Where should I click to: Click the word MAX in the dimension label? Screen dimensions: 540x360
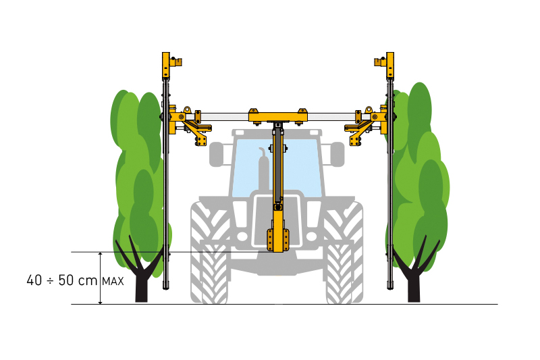113,281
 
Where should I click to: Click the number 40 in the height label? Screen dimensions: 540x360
34,280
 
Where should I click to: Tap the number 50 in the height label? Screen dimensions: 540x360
65,280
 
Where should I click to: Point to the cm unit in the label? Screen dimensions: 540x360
88,281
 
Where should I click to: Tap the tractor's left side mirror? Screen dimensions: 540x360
216,154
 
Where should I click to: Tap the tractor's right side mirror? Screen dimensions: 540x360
337,154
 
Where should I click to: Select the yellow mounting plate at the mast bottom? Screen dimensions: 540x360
277,240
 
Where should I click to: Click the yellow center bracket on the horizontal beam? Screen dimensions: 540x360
278,117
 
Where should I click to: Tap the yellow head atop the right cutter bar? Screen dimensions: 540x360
385,66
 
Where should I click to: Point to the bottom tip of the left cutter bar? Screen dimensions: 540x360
166,289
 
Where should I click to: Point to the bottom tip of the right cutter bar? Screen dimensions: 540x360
390,289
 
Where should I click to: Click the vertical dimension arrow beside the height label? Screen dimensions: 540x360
100,278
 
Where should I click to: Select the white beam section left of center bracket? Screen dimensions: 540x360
225,117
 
